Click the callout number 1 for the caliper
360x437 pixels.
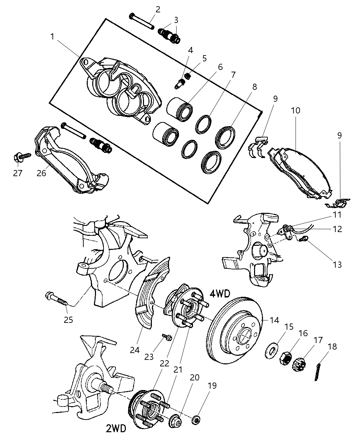52,36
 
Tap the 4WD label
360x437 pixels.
219,294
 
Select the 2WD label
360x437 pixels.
116,428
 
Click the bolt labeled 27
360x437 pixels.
23,157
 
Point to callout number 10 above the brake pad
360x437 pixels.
296,111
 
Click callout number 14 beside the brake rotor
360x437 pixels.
274,320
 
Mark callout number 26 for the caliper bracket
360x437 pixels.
41,173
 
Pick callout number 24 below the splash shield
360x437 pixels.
135,350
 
